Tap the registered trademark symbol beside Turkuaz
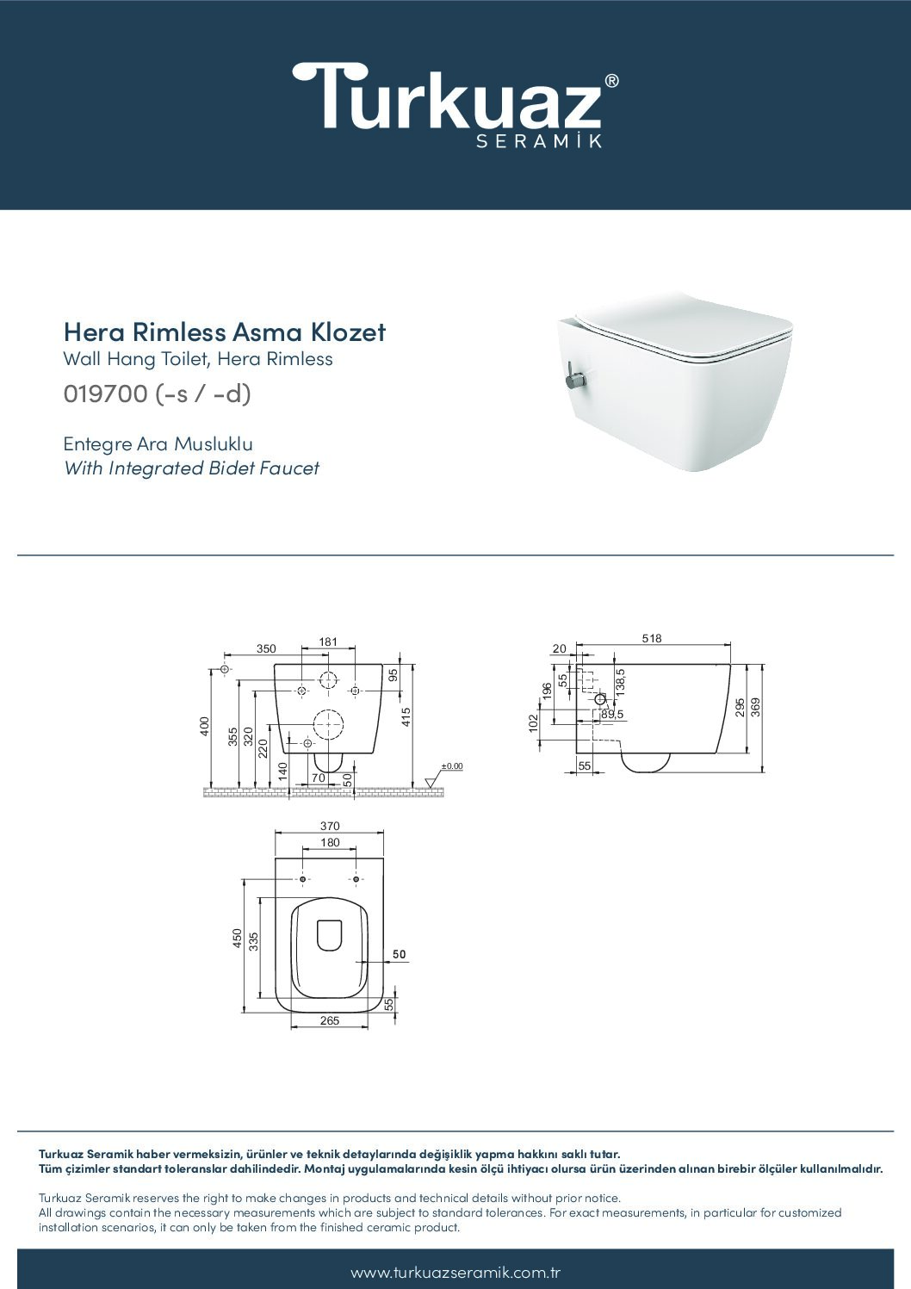[611, 81]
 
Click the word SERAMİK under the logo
[539, 141]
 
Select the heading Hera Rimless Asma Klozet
[225, 332]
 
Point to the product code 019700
[106, 394]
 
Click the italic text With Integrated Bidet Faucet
[191, 468]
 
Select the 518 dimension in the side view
[652, 638]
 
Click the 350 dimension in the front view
[266, 648]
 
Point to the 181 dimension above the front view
[328, 641]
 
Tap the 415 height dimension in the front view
[406, 717]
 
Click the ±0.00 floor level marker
[452, 766]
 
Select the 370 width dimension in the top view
[330, 826]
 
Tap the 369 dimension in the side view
[756, 707]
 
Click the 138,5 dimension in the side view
[620, 683]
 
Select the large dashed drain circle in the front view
[328, 724]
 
